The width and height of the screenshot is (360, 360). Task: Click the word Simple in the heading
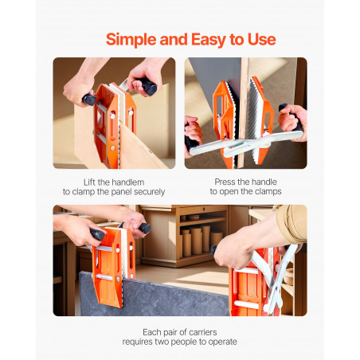pos(131,40)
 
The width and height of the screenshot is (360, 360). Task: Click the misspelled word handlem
pos(127,182)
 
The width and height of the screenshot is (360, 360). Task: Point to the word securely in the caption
pos(150,192)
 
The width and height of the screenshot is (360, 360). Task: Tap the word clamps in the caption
pos(268,191)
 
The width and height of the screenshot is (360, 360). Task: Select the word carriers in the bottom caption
pos(203,332)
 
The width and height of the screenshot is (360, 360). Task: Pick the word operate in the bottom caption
pos(223,342)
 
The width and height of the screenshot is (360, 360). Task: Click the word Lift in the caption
pos(89,182)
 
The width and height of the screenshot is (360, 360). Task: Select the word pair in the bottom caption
pos(166,332)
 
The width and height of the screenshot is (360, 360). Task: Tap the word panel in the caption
pos(122,192)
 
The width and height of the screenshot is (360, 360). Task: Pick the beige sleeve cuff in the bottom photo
pos(292,225)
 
